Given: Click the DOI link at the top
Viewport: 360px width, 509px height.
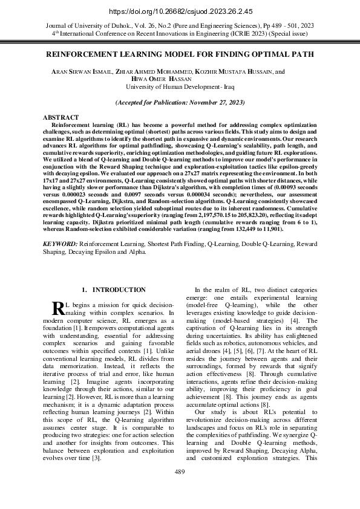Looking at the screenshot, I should tap(180, 11).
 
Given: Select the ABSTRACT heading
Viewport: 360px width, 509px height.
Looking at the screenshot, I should tap(61, 117).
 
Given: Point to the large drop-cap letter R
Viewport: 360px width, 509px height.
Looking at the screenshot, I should tap(59, 308).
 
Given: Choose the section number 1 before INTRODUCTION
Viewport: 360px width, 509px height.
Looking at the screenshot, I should tap(84, 290).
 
